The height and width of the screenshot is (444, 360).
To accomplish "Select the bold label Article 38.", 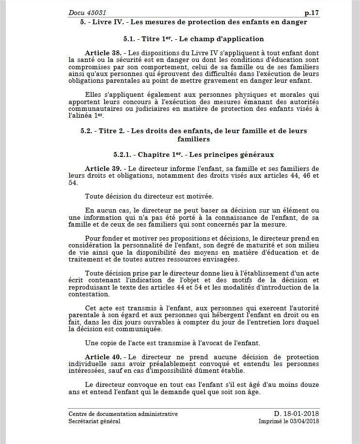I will (103, 52).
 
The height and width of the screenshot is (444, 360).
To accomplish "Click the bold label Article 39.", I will (103, 168).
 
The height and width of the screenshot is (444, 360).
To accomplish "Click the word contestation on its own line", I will (89, 294).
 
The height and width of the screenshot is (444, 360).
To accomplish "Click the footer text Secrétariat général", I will (94, 421).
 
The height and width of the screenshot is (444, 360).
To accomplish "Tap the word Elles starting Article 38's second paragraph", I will (94, 94).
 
